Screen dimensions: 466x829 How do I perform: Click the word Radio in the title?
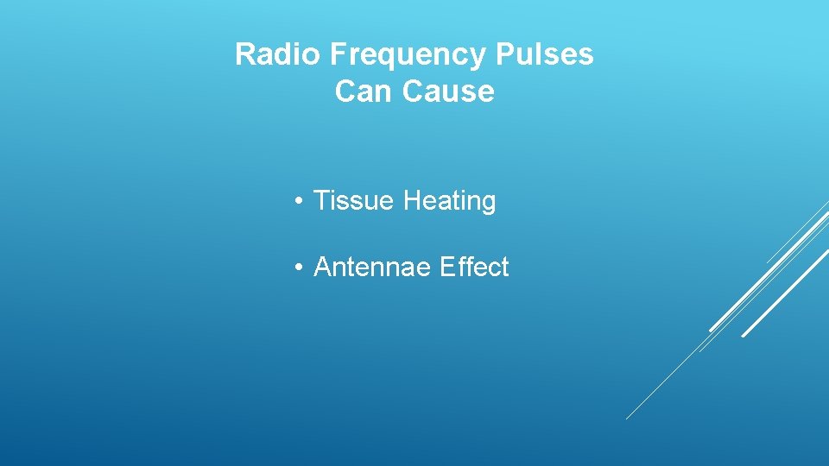point(278,55)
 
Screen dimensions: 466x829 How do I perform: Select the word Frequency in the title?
point(408,55)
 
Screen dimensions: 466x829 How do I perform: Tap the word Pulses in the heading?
point(545,55)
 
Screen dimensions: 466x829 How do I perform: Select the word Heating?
point(450,202)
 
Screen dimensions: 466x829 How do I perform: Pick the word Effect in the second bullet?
point(474,268)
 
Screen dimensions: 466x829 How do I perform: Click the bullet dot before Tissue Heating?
point(297,202)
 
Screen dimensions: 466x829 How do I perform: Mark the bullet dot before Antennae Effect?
point(297,268)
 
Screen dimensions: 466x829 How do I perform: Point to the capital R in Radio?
point(245,55)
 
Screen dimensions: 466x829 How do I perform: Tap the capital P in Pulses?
point(505,55)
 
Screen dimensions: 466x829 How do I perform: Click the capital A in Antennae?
point(323,268)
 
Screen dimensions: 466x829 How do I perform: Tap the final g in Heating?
point(488,205)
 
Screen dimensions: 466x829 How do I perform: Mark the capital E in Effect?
point(446,268)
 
